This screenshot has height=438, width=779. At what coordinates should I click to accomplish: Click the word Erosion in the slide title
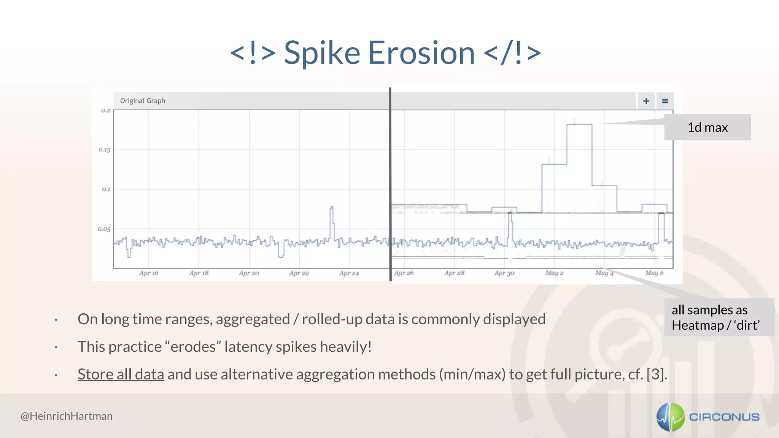pyautogui.click(x=421, y=53)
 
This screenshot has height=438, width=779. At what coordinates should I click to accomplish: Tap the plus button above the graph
pyautogui.click(x=646, y=101)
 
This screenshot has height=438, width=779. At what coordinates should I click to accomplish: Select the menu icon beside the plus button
pyautogui.click(x=665, y=101)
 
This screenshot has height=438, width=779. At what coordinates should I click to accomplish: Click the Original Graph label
pyautogui.click(x=143, y=101)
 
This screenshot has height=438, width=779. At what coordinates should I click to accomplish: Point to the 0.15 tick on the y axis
pyautogui.click(x=105, y=150)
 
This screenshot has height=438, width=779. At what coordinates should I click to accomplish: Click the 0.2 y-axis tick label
pyautogui.click(x=105, y=111)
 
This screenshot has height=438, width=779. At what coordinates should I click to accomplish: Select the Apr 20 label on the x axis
pyautogui.click(x=249, y=273)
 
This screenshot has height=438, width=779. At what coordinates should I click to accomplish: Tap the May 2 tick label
pyautogui.click(x=554, y=273)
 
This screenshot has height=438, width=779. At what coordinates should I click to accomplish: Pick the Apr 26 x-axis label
pyautogui.click(x=404, y=273)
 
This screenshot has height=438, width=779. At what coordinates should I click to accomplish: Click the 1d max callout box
pyautogui.click(x=707, y=127)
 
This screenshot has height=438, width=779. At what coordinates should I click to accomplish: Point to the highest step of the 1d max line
pyautogui.click(x=579, y=124)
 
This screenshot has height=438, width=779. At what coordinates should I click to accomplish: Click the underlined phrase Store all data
pyautogui.click(x=121, y=375)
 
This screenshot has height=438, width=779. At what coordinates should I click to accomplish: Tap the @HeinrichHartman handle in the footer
pyautogui.click(x=67, y=416)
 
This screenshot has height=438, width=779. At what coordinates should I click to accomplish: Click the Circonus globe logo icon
pyautogui.click(x=671, y=417)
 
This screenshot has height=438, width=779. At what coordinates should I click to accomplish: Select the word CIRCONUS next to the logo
pyautogui.click(x=724, y=417)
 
